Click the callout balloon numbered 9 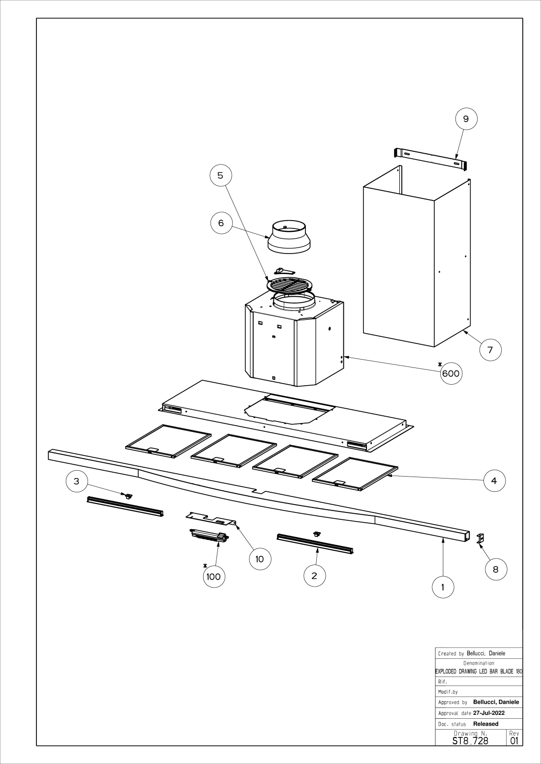[x=466, y=118]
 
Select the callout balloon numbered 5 [x=220, y=175]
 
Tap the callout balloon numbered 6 [x=221, y=223]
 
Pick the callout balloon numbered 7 [x=490, y=350]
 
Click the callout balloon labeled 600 [x=451, y=373]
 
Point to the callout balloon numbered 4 [x=494, y=481]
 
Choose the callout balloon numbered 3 [x=76, y=481]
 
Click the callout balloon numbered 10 [x=260, y=559]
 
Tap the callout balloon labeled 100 [x=213, y=576]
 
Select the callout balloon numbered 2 [x=315, y=575]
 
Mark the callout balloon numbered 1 [x=443, y=587]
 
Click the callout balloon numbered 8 [x=495, y=569]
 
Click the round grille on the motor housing [x=289, y=285]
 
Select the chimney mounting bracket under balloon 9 [x=430, y=159]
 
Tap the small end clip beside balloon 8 [x=481, y=538]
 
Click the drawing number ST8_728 [x=470, y=740]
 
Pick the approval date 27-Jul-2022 [x=489, y=713]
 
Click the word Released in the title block [x=486, y=724]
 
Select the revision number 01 [x=514, y=740]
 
